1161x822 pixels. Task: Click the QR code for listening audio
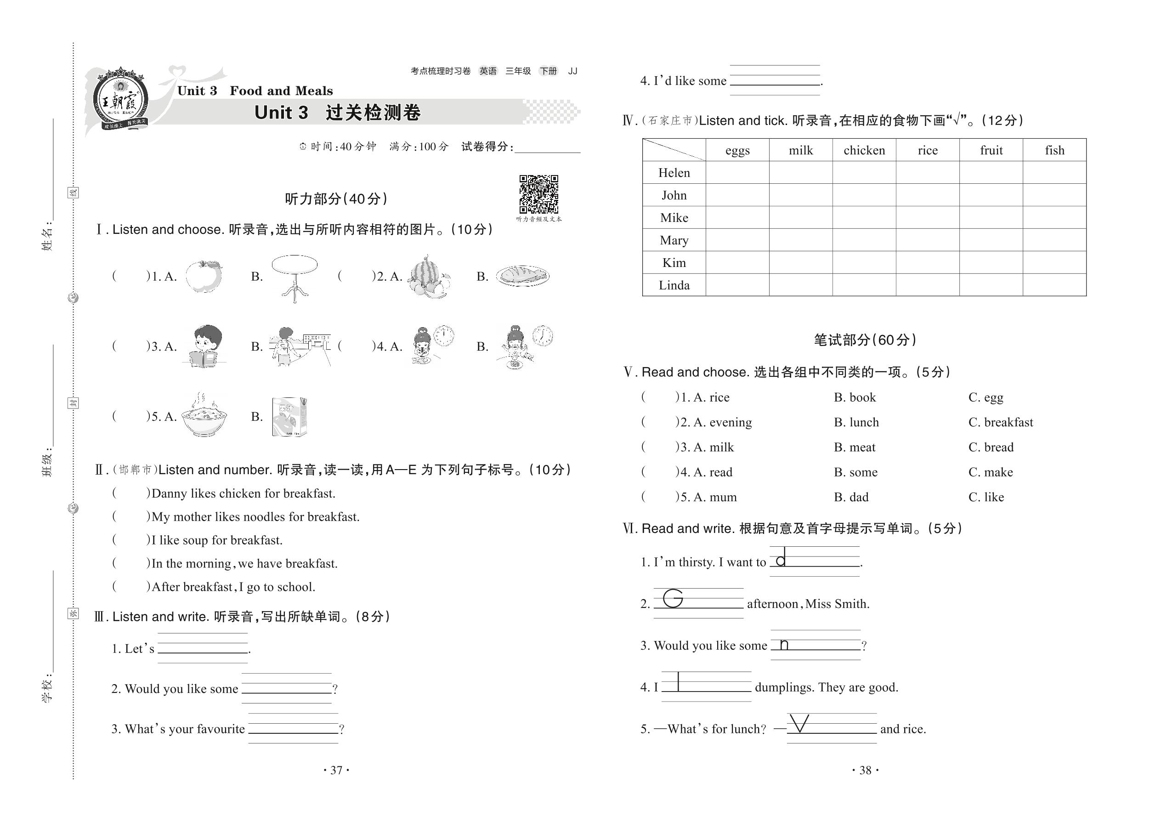(x=538, y=194)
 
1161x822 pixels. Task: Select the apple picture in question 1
(x=204, y=276)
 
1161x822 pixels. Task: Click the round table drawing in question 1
(x=294, y=278)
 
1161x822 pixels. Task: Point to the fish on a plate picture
(x=522, y=276)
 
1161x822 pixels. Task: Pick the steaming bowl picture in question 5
(x=204, y=415)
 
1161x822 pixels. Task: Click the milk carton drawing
(x=289, y=417)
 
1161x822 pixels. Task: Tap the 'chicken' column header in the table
(x=864, y=150)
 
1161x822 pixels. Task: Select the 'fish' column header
(x=1054, y=150)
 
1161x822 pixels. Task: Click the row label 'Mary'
(x=674, y=240)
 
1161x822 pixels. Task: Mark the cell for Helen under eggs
(x=737, y=173)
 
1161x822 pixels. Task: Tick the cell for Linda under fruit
(x=991, y=285)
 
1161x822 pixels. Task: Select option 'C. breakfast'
(x=1000, y=422)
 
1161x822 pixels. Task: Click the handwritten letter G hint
(x=673, y=598)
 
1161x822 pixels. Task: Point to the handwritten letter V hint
(x=799, y=723)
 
